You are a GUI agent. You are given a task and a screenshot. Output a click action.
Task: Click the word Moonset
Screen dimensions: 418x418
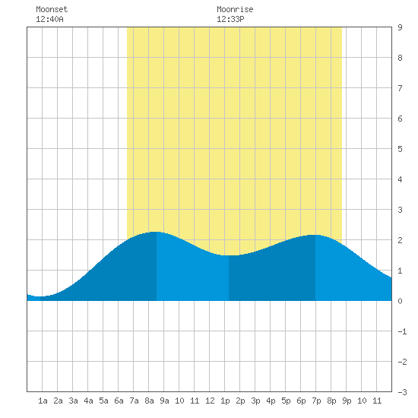pyautogui.click(x=52, y=9)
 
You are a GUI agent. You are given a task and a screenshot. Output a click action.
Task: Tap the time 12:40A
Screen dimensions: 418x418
pyautogui.click(x=49, y=19)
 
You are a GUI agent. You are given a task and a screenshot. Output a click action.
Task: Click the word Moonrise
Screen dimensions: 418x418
pyautogui.click(x=235, y=9)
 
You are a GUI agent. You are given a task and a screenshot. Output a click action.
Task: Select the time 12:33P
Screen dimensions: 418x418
pyautogui.click(x=230, y=19)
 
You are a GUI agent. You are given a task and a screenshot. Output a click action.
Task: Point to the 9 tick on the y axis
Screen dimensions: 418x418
pyautogui.click(x=400, y=27)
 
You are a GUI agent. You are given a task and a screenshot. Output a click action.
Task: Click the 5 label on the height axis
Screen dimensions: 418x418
pyautogui.click(x=400, y=149)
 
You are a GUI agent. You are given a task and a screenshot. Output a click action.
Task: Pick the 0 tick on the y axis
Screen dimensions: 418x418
pyautogui.click(x=400, y=301)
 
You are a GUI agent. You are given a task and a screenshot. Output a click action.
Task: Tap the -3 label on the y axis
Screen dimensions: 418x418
pyautogui.click(x=402, y=392)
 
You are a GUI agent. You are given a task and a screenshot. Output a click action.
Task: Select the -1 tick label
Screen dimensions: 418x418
pyautogui.click(x=402, y=331)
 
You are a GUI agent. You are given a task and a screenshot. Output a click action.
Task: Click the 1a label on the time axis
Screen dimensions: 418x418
pyautogui.click(x=43, y=401)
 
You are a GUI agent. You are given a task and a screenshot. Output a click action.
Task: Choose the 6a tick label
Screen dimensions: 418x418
pyautogui.click(x=119, y=401)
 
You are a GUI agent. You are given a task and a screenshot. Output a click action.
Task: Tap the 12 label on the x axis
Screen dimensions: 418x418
pyautogui.click(x=210, y=401)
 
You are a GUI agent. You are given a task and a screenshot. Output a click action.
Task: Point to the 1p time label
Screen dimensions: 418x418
pyautogui.click(x=225, y=401)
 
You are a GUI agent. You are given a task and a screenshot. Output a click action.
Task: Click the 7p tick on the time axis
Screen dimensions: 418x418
pyautogui.click(x=316, y=401)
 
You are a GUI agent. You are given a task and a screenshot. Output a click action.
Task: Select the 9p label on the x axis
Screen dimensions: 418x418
pyautogui.click(x=347, y=401)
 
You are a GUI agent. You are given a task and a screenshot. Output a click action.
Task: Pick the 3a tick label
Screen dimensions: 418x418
pyautogui.click(x=73, y=401)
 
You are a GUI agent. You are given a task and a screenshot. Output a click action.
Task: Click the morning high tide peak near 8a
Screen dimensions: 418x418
pyautogui.click(x=156, y=232)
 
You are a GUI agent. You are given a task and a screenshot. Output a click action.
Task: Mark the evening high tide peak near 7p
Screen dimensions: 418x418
pyautogui.click(x=315, y=235)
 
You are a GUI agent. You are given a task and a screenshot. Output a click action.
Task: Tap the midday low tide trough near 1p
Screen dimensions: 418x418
pyautogui.click(x=229, y=255)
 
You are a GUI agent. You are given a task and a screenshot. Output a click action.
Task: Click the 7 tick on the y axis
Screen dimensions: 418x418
pyautogui.click(x=400, y=88)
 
